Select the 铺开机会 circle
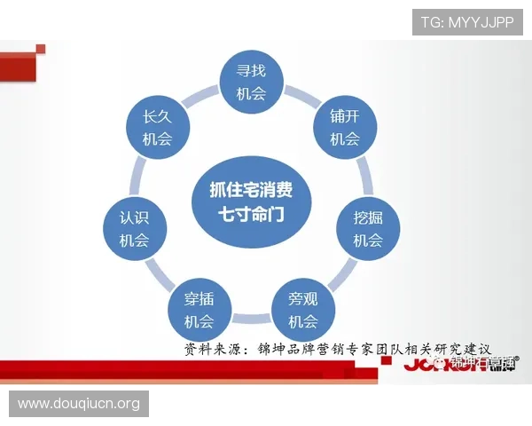click(x=344, y=127)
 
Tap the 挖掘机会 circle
click(x=368, y=228)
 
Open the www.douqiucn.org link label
click(x=78, y=404)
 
